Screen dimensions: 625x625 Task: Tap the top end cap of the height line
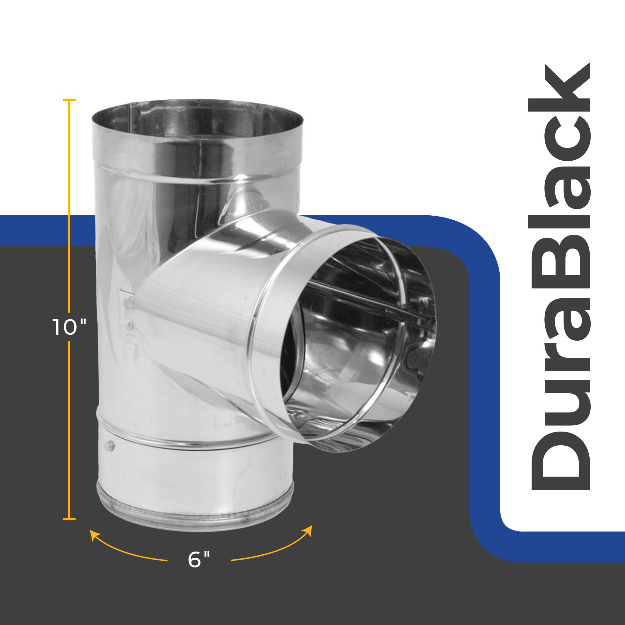pyautogui.click(x=70, y=100)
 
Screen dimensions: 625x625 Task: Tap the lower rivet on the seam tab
pyautogui.click(x=130, y=325)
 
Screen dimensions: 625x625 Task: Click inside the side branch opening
pyautogui.click(x=356, y=340)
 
